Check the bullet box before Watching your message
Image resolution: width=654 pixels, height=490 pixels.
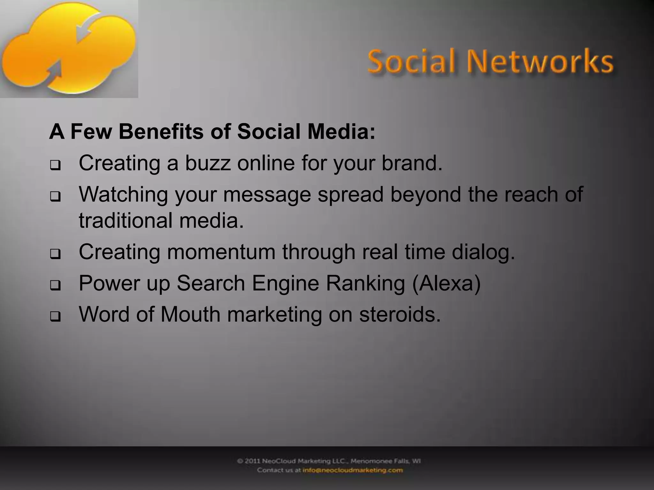point(55,197)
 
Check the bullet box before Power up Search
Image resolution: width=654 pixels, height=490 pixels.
point(55,286)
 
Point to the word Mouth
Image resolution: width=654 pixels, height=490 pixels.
point(190,314)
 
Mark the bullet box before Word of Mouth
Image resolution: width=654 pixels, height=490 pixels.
point(55,317)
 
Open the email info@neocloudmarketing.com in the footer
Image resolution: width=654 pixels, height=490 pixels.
point(353,470)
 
